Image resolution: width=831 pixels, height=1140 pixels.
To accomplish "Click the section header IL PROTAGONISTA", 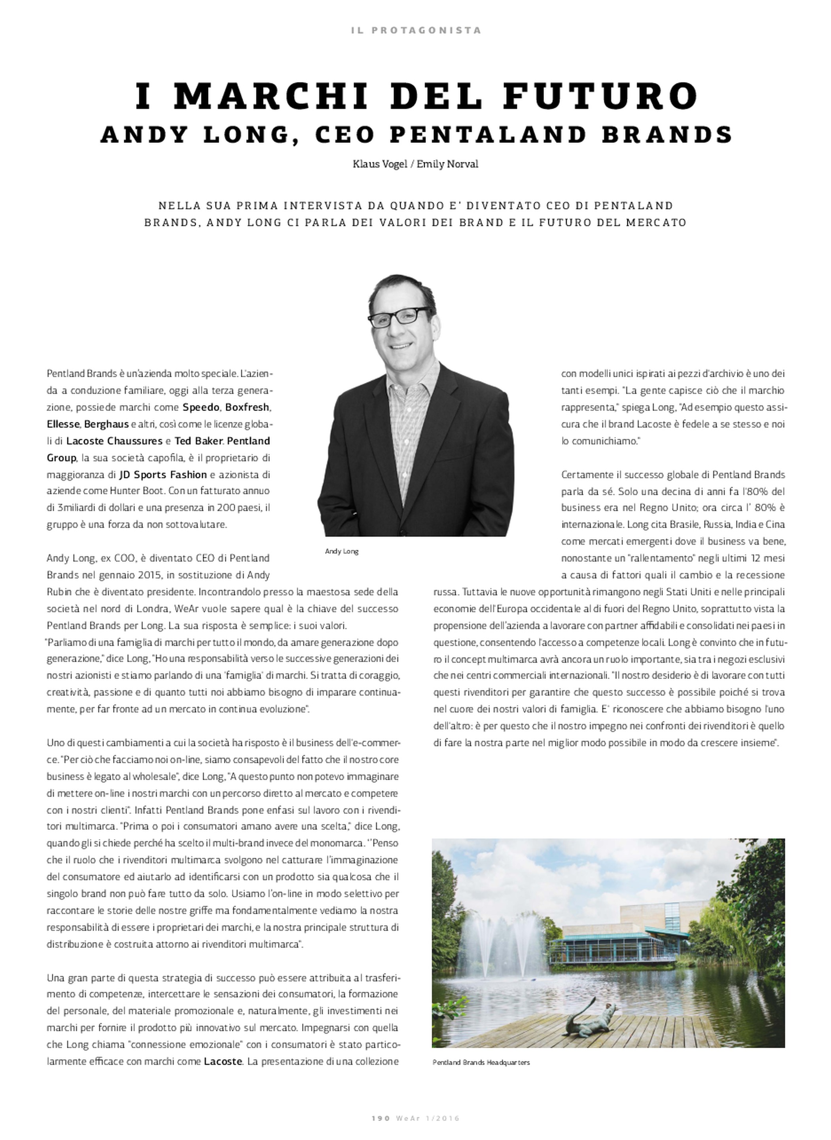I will (416, 30).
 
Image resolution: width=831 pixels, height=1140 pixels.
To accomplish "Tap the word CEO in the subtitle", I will (344, 134).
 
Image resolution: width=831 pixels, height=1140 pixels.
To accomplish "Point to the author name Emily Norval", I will (447, 164).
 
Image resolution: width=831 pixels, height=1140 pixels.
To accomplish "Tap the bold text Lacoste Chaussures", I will (114, 441).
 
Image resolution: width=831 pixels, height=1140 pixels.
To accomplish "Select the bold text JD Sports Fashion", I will (163, 474).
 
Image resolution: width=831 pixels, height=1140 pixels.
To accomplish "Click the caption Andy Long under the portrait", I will (342, 551).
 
